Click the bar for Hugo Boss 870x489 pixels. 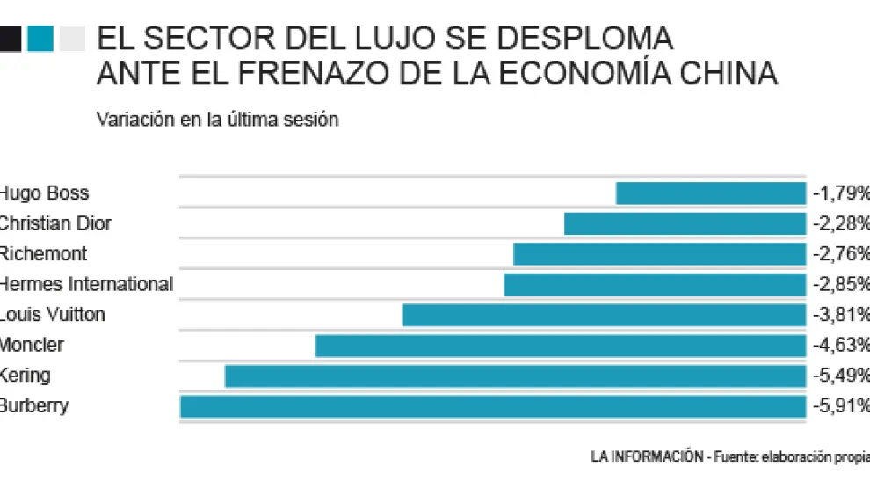710,193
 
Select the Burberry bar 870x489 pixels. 492,406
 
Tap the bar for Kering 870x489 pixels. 515,376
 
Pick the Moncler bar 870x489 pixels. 560,346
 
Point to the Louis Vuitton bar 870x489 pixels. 604,315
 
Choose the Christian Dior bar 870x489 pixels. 685,223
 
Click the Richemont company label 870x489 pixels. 44,254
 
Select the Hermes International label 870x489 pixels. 86,285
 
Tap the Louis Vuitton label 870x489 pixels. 53,315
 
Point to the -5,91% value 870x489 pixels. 841,407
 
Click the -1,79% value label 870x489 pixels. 841,193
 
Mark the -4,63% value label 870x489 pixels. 841,346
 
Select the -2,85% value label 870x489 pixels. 841,285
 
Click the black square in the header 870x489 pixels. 10,39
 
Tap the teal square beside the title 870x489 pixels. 40,39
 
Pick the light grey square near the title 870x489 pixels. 72,39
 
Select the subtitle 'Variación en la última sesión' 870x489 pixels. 217,120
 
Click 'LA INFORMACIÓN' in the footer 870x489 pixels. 647,456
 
